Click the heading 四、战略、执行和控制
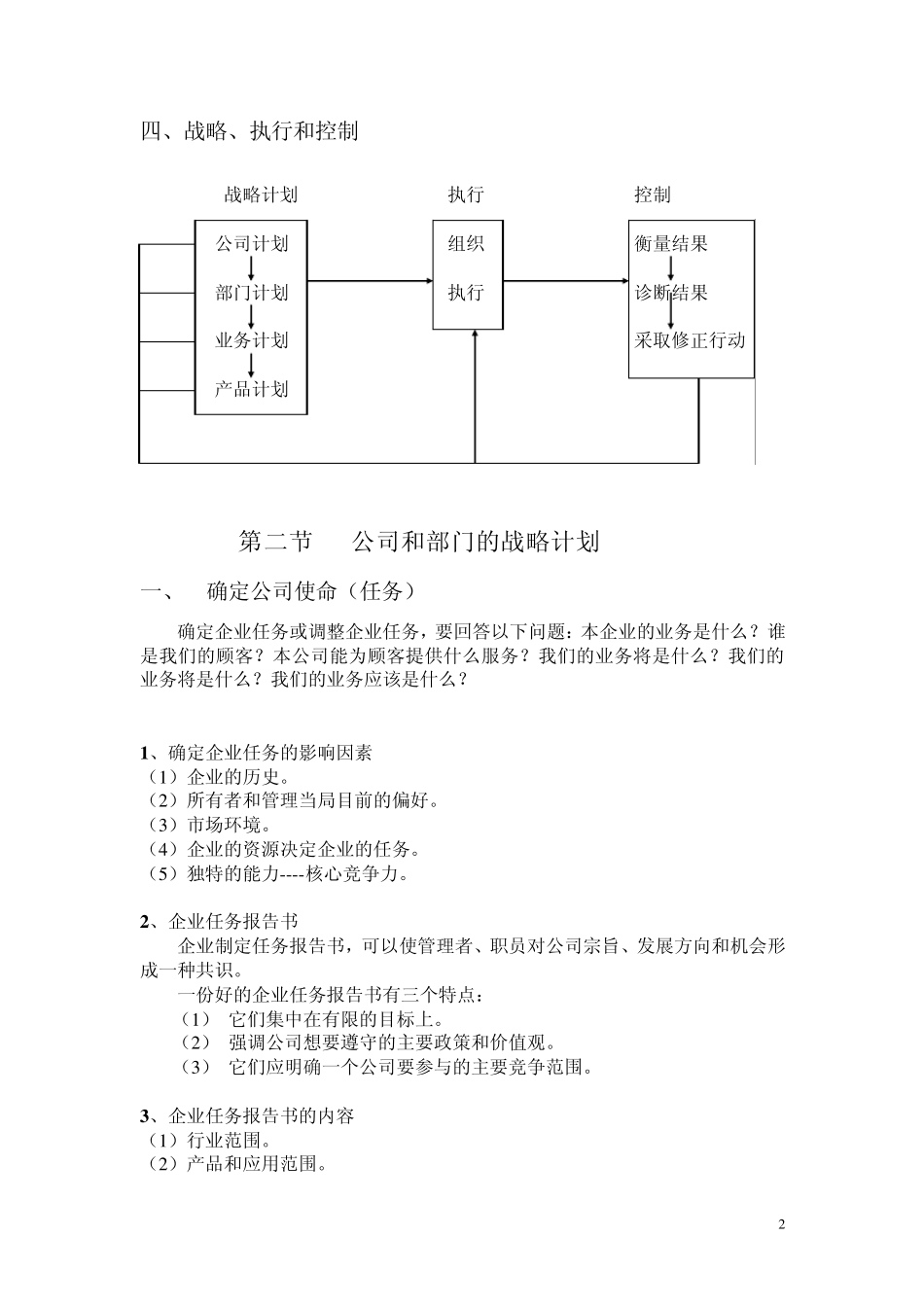pos(249,130)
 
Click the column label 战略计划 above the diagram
pos(261,194)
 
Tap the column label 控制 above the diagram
pos(653,194)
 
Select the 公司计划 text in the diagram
pos(252,243)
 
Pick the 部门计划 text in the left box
pos(252,293)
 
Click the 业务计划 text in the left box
pos(252,340)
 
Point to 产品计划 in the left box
pos(252,389)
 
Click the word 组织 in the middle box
pos(466,243)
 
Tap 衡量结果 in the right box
pos(671,243)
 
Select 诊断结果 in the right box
pos(671,293)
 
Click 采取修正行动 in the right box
pos(690,340)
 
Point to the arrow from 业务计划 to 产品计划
pos(252,365)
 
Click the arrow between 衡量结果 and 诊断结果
pos(671,267)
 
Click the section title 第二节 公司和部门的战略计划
pos(418,542)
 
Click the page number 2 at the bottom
pos(781,1223)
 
